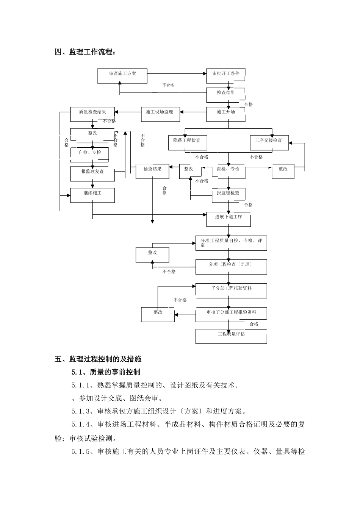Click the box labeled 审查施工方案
tap(122, 76)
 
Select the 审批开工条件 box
tap(225, 76)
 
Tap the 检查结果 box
tap(225, 95)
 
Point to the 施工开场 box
tap(225, 114)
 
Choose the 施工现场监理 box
tap(160, 114)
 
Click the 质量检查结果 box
tap(92, 114)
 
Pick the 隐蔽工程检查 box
tap(187, 143)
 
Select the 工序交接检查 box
tap(269, 143)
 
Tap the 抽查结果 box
tap(152, 172)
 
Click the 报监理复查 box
tap(92, 173)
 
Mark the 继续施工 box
tap(92, 195)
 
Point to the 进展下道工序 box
tap(229, 219)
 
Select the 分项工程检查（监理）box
tap(231, 267)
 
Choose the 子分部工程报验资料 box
tap(231, 290)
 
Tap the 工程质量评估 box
tap(231, 336)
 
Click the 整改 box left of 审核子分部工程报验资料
tap(158, 314)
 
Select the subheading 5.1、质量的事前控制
tap(106, 372)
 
